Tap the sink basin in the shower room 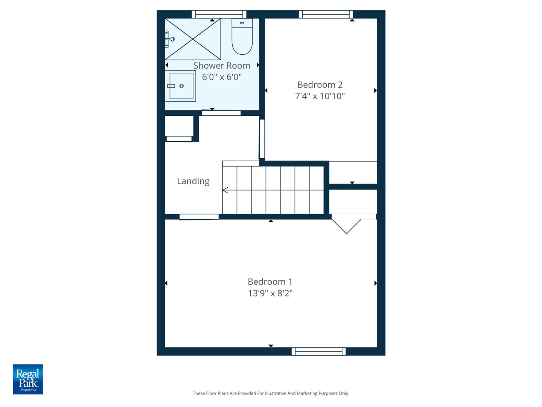click(181, 86)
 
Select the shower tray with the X click(193, 39)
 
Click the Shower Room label click(222, 66)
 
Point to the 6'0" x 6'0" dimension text click(222, 77)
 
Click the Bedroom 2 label click(320, 85)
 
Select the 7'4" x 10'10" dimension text click(320, 96)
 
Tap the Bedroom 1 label click(270, 282)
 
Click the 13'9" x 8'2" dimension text click(270, 293)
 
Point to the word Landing click(193, 181)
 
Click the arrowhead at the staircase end click(225, 190)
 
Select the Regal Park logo click(28, 379)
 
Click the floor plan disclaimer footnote click(271, 393)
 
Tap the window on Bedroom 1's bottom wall click(318, 351)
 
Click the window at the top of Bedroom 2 click(326, 14)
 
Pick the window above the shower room click(219, 14)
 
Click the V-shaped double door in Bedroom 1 click(346, 225)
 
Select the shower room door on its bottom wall click(221, 113)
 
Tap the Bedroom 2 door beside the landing click(262, 139)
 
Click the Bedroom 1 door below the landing click(199, 217)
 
